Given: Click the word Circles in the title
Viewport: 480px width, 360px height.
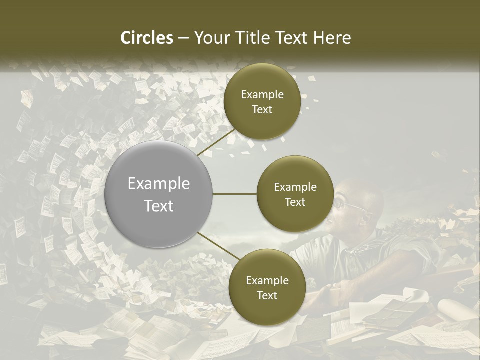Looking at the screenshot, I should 147,38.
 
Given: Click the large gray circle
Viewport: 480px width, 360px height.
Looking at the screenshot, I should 159,194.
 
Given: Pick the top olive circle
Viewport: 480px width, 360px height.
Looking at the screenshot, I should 262,102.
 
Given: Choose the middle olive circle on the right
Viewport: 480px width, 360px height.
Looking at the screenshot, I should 295,194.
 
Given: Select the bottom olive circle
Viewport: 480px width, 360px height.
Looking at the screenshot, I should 267,287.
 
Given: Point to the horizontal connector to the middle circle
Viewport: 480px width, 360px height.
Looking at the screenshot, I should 235,194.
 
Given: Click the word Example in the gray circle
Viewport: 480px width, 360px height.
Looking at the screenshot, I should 159,184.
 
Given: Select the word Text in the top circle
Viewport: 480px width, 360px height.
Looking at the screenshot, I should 262,109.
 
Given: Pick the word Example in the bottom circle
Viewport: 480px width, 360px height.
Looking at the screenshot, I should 267,280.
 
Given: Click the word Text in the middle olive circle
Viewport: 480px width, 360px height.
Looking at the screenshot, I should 295,202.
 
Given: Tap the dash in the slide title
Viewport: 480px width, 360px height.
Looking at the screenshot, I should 183,38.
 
